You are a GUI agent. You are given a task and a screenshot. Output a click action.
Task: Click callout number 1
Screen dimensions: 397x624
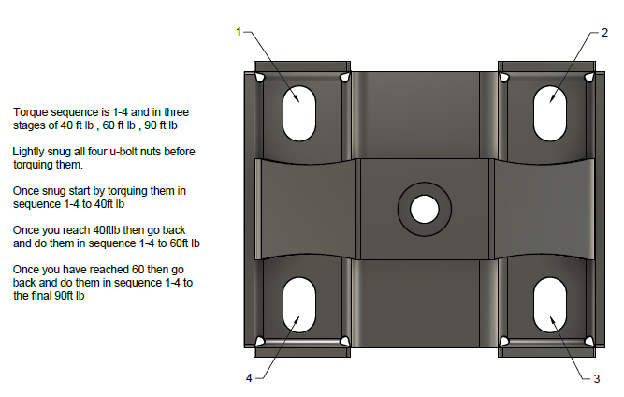239,32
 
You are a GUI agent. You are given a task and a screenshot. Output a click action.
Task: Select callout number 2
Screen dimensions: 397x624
604,32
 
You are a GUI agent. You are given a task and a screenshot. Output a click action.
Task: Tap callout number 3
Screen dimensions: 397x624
596,378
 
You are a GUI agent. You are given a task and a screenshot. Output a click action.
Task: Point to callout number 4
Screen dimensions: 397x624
249,378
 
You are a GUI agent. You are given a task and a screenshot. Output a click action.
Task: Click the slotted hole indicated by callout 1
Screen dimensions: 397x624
302,111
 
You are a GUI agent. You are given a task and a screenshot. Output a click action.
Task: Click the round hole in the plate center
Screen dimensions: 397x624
425,208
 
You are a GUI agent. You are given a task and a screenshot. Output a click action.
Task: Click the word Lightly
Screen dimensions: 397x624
30,152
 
